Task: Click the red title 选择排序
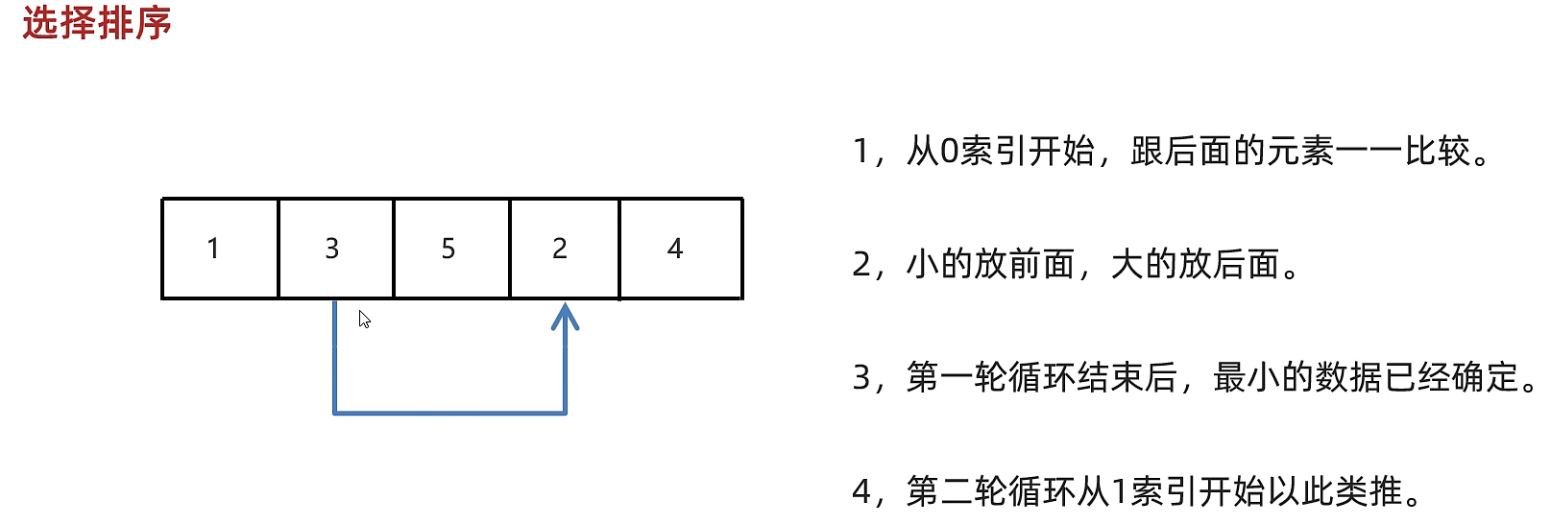[96, 23]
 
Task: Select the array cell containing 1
[220, 249]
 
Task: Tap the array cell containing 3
[335, 249]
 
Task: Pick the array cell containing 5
[450, 249]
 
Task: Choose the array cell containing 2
[564, 249]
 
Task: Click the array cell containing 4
[680, 249]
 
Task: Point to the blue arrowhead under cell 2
[565, 317]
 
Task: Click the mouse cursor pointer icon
[364, 319]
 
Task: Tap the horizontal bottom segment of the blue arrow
[449, 414]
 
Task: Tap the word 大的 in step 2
[1144, 265]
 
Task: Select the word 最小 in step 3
[1247, 378]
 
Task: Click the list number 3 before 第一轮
[861, 378]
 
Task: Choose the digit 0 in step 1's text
[949, 152]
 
